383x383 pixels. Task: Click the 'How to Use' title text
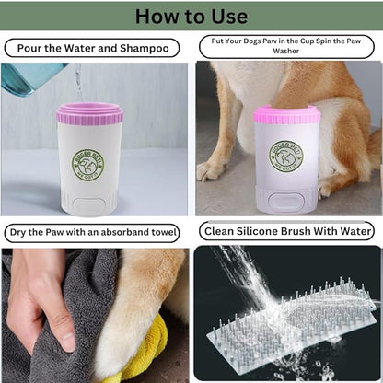coord(191,17)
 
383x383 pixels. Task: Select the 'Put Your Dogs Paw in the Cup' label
coord(286,46)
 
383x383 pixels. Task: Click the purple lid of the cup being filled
coord(89,113)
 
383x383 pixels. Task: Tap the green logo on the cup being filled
coord(88,165)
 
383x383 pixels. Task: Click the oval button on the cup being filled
coord(89,205)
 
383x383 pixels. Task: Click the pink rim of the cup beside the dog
coord(286,115)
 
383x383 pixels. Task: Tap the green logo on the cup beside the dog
coord(286,157)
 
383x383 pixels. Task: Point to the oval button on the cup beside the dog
coord(286,201)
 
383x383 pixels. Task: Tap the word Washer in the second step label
coord(286,51)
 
